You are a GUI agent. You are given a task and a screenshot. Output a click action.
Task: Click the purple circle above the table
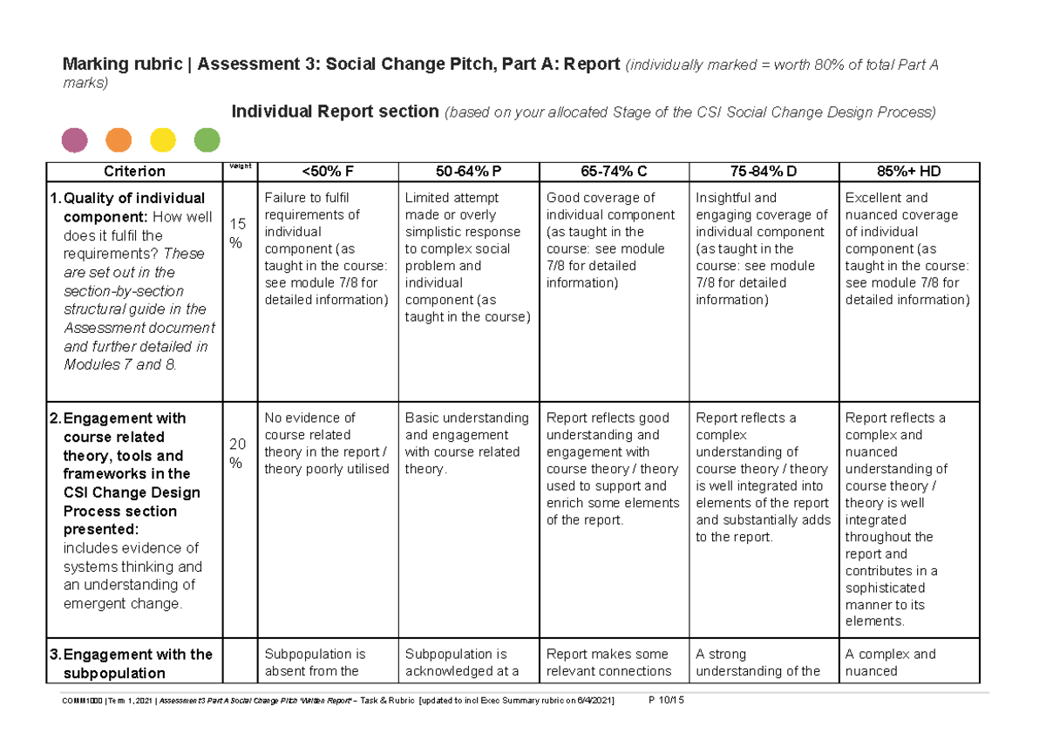75,139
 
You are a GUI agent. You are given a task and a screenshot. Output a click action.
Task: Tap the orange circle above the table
119,139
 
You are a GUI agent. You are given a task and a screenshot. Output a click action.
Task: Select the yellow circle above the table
163,139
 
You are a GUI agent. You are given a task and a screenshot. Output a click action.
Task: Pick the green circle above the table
207,139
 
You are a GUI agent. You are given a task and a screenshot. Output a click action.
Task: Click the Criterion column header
134,172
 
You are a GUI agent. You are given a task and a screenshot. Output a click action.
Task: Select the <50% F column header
327,172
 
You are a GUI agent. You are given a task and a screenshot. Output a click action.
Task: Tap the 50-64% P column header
469,172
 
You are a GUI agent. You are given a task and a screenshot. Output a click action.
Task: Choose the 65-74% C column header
614,172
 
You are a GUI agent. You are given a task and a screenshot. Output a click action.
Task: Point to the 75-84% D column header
763,172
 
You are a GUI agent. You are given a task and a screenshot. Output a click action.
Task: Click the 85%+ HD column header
912,172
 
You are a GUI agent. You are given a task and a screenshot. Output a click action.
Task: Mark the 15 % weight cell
237,233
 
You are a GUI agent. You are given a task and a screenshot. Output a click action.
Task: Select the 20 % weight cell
237,453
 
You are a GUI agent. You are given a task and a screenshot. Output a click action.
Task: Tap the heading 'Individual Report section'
335,112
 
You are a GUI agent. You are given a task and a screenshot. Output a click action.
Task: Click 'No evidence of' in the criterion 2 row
309,418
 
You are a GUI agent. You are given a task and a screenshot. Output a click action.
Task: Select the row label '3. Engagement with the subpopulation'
138,663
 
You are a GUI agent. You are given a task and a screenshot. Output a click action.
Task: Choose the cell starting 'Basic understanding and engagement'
466,443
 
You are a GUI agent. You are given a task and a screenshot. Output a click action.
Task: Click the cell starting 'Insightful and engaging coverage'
761,248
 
